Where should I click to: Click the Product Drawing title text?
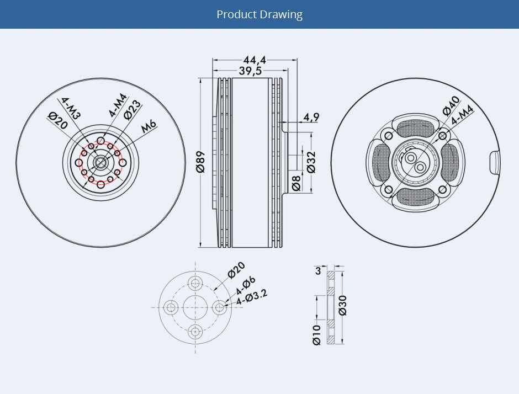pyautogui.click(x=259, y=14)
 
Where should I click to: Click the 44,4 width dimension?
pyautogui.click(x=255, y=60)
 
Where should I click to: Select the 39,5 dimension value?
pyautogui.click(x=250, y=71)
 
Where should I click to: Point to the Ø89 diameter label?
pyautogui.click(x=201, y=162)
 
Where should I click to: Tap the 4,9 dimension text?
pyautogui.click(x=311, y=117)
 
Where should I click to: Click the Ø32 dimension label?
pyautogui.click(x=311, y=162)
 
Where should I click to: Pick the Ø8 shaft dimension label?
pyautogui.click(x=296, y=183)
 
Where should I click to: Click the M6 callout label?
pyautogui.click(x=149, y=126)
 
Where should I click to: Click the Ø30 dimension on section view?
pyautogui.click(x=342, y=305)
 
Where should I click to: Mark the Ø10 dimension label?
pyautogui.click(x=316, y=334)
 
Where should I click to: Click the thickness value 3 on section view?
pyautogui.click(x=317, y=271)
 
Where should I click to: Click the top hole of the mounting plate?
pyautogui.click(x=195, y=284)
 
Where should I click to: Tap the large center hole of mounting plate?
pyautogui.click(x=195, y=307)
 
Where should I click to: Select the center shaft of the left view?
pyautogui.click(x=100, y=162)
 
